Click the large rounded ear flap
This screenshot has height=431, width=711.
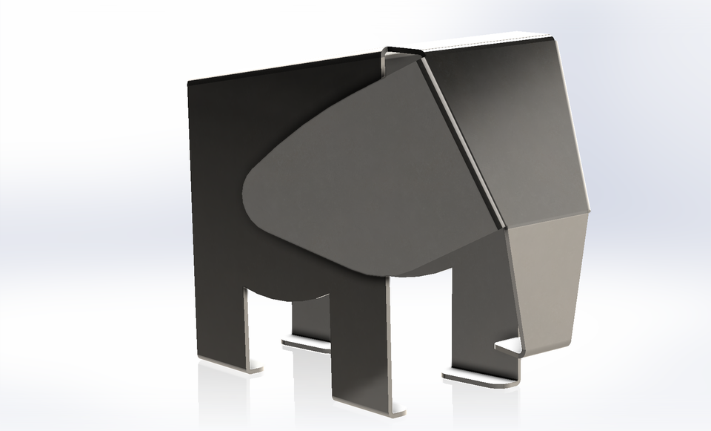coord(355,178)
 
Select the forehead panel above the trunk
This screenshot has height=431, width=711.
coord(511,126)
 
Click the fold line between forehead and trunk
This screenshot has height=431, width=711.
coord(547,217)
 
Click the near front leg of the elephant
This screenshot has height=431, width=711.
coord(359,341)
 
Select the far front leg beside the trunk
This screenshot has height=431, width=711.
coord(481,312)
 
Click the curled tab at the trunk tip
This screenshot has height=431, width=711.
coord(511,346)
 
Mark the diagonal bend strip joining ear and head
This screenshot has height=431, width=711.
coord(459,141)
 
